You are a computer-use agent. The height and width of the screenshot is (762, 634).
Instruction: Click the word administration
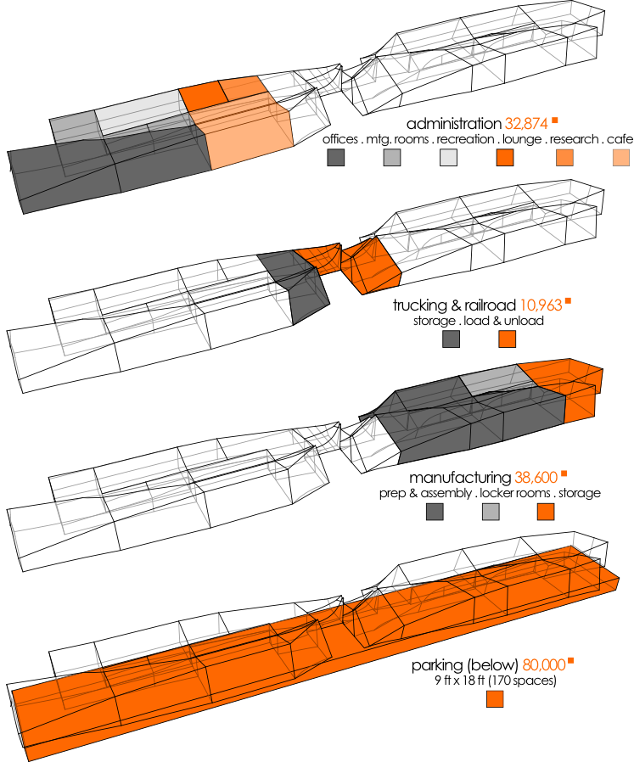pos(453,124)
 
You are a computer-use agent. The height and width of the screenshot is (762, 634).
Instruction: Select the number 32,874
pos(526,124)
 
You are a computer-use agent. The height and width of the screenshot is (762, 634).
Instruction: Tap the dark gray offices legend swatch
pos(335,158)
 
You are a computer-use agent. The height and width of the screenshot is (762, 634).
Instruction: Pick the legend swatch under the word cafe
pos(621,158)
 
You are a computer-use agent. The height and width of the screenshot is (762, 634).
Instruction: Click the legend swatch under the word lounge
pos(505,158)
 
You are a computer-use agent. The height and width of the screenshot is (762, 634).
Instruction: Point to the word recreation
pos(465,139)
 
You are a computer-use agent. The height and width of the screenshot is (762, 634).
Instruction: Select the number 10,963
pos(541,305)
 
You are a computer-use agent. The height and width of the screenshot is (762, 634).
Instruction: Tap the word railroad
pos(490,305)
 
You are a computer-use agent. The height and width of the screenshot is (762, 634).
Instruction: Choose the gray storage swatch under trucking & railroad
pos(452,339)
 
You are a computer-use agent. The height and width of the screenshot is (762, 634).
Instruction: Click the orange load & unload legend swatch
pos(507,339)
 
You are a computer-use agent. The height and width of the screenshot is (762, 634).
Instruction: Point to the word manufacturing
pos(460,478)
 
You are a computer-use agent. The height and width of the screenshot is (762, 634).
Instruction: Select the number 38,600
pos(536,478)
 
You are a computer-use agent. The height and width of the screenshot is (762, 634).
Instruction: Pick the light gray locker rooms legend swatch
pos(491,512)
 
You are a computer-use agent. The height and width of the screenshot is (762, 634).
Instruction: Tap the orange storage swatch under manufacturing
pos(546,512)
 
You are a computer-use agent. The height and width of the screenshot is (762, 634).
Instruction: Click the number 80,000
pos(544,664)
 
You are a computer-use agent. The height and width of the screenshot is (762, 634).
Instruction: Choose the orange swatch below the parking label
pos(495,699)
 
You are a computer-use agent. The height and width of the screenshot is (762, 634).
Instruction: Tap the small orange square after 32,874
pos(555,120)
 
